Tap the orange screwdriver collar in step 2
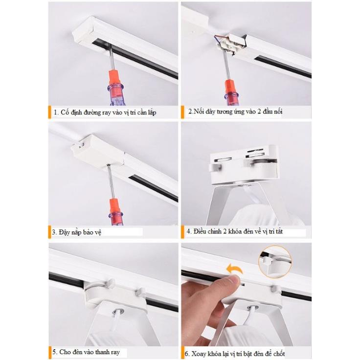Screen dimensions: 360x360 (230, 86)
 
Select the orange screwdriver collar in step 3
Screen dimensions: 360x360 (114, 206)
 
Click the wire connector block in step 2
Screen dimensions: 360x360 (231, 44)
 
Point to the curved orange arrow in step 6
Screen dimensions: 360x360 (235, 269)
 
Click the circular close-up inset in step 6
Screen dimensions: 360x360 (275, 262)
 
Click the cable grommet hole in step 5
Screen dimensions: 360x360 (118, 312)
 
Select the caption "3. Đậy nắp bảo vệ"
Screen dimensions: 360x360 (76, 232)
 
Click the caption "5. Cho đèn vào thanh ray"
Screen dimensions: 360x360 (86, 352)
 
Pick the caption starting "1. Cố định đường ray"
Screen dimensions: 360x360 (105, 112)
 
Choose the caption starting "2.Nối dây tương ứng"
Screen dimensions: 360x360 (235, 112)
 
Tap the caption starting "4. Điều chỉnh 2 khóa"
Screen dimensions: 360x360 (234, 231)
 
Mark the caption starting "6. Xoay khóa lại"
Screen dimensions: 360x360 (235, 353)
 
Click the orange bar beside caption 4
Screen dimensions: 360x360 (183, 232)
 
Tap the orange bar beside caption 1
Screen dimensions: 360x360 (49, 112)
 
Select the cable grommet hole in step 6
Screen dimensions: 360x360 (252, 307)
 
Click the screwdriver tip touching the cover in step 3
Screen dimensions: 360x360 (108, 165)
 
